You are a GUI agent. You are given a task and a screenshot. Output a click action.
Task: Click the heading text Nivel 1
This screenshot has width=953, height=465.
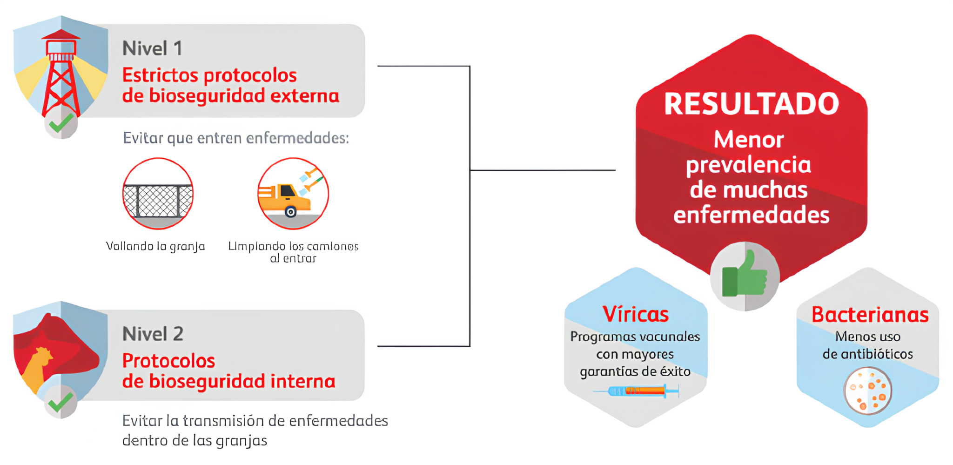pos(152,48)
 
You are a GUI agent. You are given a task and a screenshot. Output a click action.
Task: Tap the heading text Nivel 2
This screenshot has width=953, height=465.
pos(153,334)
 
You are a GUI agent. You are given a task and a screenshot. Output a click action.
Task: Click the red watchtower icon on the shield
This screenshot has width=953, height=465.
pos(61,74)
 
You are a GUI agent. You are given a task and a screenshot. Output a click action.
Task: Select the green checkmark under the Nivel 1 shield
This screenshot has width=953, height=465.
pos(61,124)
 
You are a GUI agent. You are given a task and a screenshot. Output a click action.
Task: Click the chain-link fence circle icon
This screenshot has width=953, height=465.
pos(158,194)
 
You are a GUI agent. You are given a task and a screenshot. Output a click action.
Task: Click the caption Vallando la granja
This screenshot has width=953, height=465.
pos(155,246)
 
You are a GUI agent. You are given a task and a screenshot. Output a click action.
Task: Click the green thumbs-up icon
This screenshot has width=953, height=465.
pos(744,276)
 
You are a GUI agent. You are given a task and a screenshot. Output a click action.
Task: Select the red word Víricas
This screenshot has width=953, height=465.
pos(636,314)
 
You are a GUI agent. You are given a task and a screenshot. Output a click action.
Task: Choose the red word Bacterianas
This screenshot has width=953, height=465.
pos(870,315)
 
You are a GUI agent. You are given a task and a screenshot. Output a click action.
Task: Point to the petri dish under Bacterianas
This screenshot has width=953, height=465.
pos(867,391)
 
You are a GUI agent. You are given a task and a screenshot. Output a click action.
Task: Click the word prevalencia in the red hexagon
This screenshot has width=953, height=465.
pos(748,165)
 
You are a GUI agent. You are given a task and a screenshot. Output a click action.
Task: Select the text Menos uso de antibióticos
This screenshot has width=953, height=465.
pos(867,345)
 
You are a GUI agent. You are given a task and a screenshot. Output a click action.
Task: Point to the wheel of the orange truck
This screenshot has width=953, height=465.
pos(291,212)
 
